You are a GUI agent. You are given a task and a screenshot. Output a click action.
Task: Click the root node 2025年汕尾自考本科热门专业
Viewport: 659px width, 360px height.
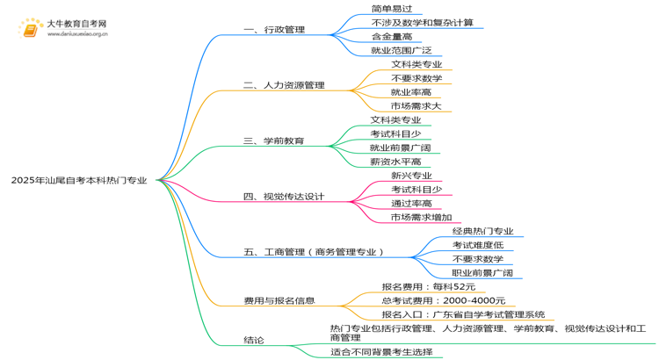click(x=79, y=181)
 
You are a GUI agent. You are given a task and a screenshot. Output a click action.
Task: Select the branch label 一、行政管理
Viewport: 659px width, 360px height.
click(x=274, y=30)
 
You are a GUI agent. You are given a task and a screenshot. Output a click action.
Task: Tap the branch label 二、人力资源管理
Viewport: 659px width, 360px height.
click(x=284, y=86)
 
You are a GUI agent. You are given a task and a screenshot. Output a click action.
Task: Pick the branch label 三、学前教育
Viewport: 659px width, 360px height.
click(x=274, y=140)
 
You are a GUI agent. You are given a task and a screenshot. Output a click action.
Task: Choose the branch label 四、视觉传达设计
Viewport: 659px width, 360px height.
click(x=284, y=196)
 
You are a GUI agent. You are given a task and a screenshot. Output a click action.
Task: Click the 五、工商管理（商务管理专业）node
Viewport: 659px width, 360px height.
click(x=315, y=252)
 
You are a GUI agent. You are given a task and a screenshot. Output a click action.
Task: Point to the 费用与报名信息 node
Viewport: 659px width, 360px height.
click(x=279, y=301)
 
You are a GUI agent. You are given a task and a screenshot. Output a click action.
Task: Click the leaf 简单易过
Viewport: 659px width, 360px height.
click(x=391, y=9)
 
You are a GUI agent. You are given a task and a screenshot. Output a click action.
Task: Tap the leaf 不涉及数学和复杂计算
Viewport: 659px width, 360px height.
click(x=422, y=23)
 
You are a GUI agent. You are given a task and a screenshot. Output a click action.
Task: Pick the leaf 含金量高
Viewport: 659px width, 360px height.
click(x=391, y=37)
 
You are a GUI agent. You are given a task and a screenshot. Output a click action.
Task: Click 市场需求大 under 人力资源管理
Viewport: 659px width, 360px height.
click(x=416, y=106)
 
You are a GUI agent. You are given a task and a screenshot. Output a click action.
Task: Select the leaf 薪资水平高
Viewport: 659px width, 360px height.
click(x=395, y=162)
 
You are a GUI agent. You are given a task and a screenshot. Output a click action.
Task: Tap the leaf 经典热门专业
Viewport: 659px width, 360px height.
click(x=482, y=231)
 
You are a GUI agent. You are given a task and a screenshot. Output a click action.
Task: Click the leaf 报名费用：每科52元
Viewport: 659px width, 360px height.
click(x=429, y=286)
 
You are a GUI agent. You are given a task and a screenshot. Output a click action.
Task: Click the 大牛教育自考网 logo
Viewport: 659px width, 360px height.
click(x=62, y=29)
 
